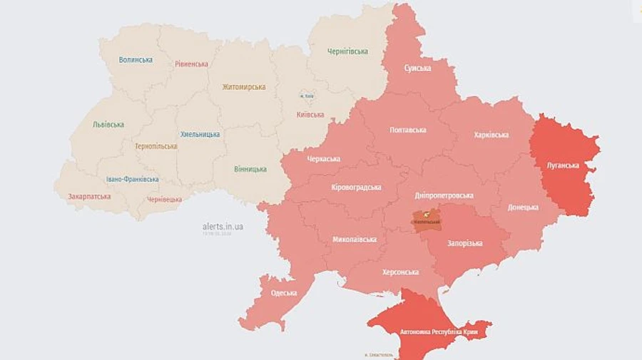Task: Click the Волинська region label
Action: click(x=136, y=60)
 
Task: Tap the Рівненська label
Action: click(x=191, y=64)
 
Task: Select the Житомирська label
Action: click(x=243, y=87)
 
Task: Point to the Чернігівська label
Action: click(x=347, y=51)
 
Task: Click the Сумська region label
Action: click(x=417, y=68)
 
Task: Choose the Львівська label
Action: click(x=108, y=125)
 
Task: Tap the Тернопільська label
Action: click(x=156, y=146)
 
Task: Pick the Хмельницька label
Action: click(x=200, y=134)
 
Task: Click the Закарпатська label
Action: click(x=89, y=197)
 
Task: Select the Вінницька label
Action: click(x=250, y=169)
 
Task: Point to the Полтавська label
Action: click(x=408, y=130)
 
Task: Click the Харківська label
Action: click(x=491, y=135)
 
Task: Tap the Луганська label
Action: click(x=563, y=165)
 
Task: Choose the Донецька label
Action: click(x=523, y=207)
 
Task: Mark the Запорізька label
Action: click(x=464, y=243)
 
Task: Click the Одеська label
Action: click(x=284, y=293)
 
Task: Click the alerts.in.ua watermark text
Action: click(x=223, y=226)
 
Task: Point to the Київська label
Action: click(x=310, y=114)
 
